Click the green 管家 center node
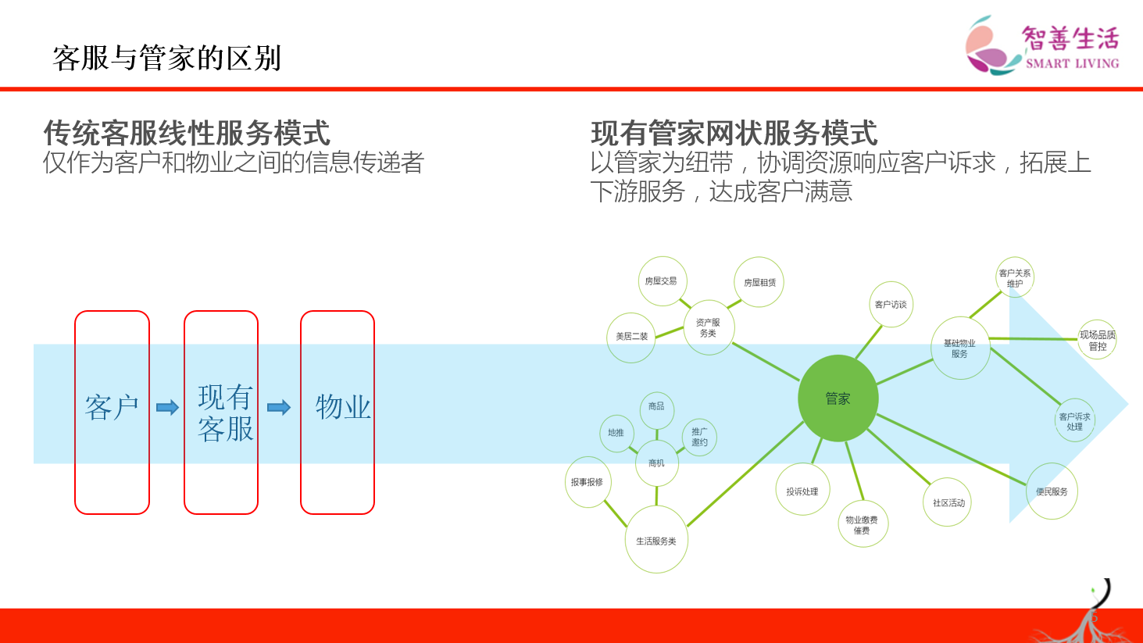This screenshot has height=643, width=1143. click(x=838, y=398)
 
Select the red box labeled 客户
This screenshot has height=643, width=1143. click(x=112, y=412)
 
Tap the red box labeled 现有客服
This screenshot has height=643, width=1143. click(x=221, y=412)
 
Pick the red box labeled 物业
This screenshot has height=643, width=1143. click(x=338, y=412)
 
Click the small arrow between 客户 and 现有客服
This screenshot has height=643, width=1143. click(x=167, y=407)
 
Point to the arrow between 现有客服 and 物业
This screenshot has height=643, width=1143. click(x=279, y=407)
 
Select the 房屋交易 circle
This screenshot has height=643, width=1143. click(x=662, y=281)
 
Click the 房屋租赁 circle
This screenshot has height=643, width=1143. click(x=759, y=282)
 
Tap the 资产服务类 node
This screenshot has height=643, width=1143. click(x=708, y=327)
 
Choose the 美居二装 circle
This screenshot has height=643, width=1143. click(x=631, y=337)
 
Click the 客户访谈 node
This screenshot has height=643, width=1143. click(x=891, y=305)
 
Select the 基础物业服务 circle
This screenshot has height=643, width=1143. click(x=959, y=348)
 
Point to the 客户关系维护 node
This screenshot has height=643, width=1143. click(x=1015, y=278)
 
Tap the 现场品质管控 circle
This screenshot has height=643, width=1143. click(x=1097, y=340)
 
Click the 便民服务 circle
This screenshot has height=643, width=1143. click(x=1052, y=491)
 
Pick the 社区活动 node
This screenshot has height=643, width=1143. click(x=948, y=502)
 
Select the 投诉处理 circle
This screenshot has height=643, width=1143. click(x=802, y=491)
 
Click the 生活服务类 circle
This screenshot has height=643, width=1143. click(x=656, y=540)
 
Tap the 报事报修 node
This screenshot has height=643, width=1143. click(x=587, y=482)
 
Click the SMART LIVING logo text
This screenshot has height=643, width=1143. click(x=1072, y=63)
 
